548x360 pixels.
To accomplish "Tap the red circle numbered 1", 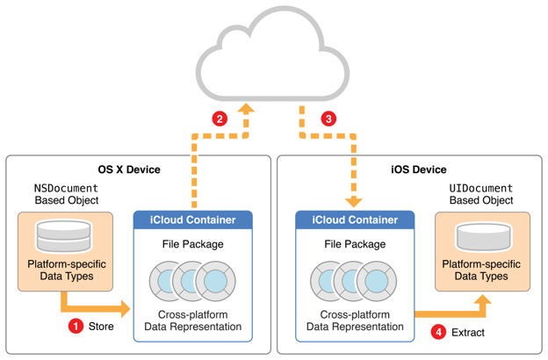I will click(x=76, y=326).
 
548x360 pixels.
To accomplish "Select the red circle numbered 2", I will click(x=220, y=119).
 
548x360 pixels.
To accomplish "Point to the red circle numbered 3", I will click(x=328, y=119).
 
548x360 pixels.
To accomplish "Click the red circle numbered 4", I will click(x=437, y=332).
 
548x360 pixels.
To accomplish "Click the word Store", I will click(x=101, y=326).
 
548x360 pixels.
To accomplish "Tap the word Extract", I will click(x=467, y=332).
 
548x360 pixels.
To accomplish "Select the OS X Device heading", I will click(x=129, y=169).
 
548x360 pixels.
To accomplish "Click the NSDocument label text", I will click(x=67, y=188).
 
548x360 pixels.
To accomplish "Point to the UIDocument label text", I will click(x=481, y=188).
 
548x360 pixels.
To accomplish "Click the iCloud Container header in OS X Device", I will click(x=192, y=220).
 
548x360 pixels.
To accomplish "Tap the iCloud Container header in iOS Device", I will click(x=355, y=220).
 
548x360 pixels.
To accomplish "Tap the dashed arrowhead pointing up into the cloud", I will click(x=247, y=110).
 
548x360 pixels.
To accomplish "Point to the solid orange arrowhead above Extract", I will click(x=481, y=302).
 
